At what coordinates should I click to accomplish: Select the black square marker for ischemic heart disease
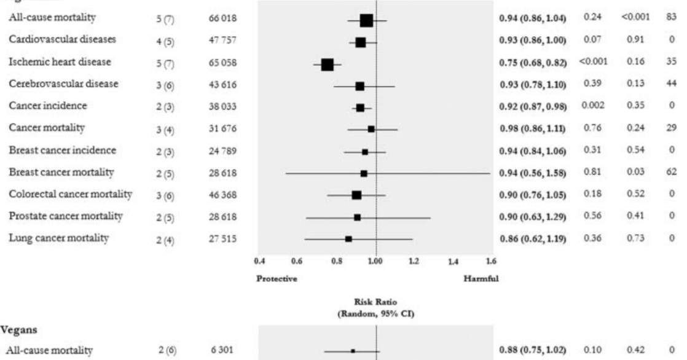[327, 65]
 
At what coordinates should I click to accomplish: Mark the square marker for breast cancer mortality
[364, 173]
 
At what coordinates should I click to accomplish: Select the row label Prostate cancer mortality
[57, 216]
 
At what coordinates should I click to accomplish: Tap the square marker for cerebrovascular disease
[359, 87]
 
